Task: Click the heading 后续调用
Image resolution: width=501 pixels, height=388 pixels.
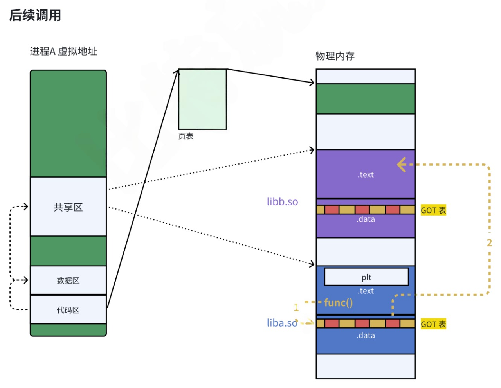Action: click(x=35, y=15)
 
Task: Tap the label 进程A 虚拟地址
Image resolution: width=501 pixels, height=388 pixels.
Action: click(x=63, y=51)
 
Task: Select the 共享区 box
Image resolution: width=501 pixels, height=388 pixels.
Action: click(x=68, y=207)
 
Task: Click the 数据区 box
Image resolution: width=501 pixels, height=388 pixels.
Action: click(x=68, y=280)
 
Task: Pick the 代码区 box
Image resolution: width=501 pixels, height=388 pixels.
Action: click(x=68, y=310)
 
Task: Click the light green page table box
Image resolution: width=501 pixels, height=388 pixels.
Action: click(x=202, y=99)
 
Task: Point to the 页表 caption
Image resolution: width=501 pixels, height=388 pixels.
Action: click(x=186, y=136)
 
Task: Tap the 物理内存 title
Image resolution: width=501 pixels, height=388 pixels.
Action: click(x=335, y=56)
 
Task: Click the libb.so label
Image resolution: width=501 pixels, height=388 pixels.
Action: click(x=282, y=201)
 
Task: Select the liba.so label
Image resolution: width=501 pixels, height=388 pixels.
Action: click(x=282, y=323)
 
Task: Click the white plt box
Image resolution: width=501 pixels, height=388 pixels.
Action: click(x=366, y=277)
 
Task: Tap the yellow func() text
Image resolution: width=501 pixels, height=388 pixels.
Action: click(x=339, y=302)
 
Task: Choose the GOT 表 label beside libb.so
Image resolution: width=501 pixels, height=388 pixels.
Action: click(x=433, y=210)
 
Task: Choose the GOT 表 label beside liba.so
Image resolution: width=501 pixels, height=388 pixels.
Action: click(x=433, y=324)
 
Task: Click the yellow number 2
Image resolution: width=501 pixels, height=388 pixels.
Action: click(x=489, y=243)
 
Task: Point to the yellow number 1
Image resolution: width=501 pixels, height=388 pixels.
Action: click(x=296, y=307)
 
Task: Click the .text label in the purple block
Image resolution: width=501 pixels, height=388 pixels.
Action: click(x=366, y=174)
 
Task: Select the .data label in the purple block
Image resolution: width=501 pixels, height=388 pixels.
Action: click(x=366, y=219)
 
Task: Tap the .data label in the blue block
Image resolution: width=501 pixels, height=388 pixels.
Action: click(x=366, y=335)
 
